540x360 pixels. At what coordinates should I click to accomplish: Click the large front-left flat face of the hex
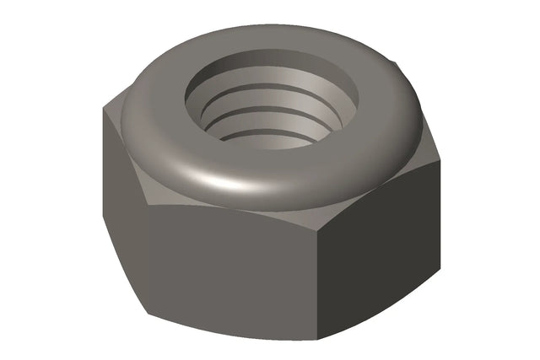click(228, 261)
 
